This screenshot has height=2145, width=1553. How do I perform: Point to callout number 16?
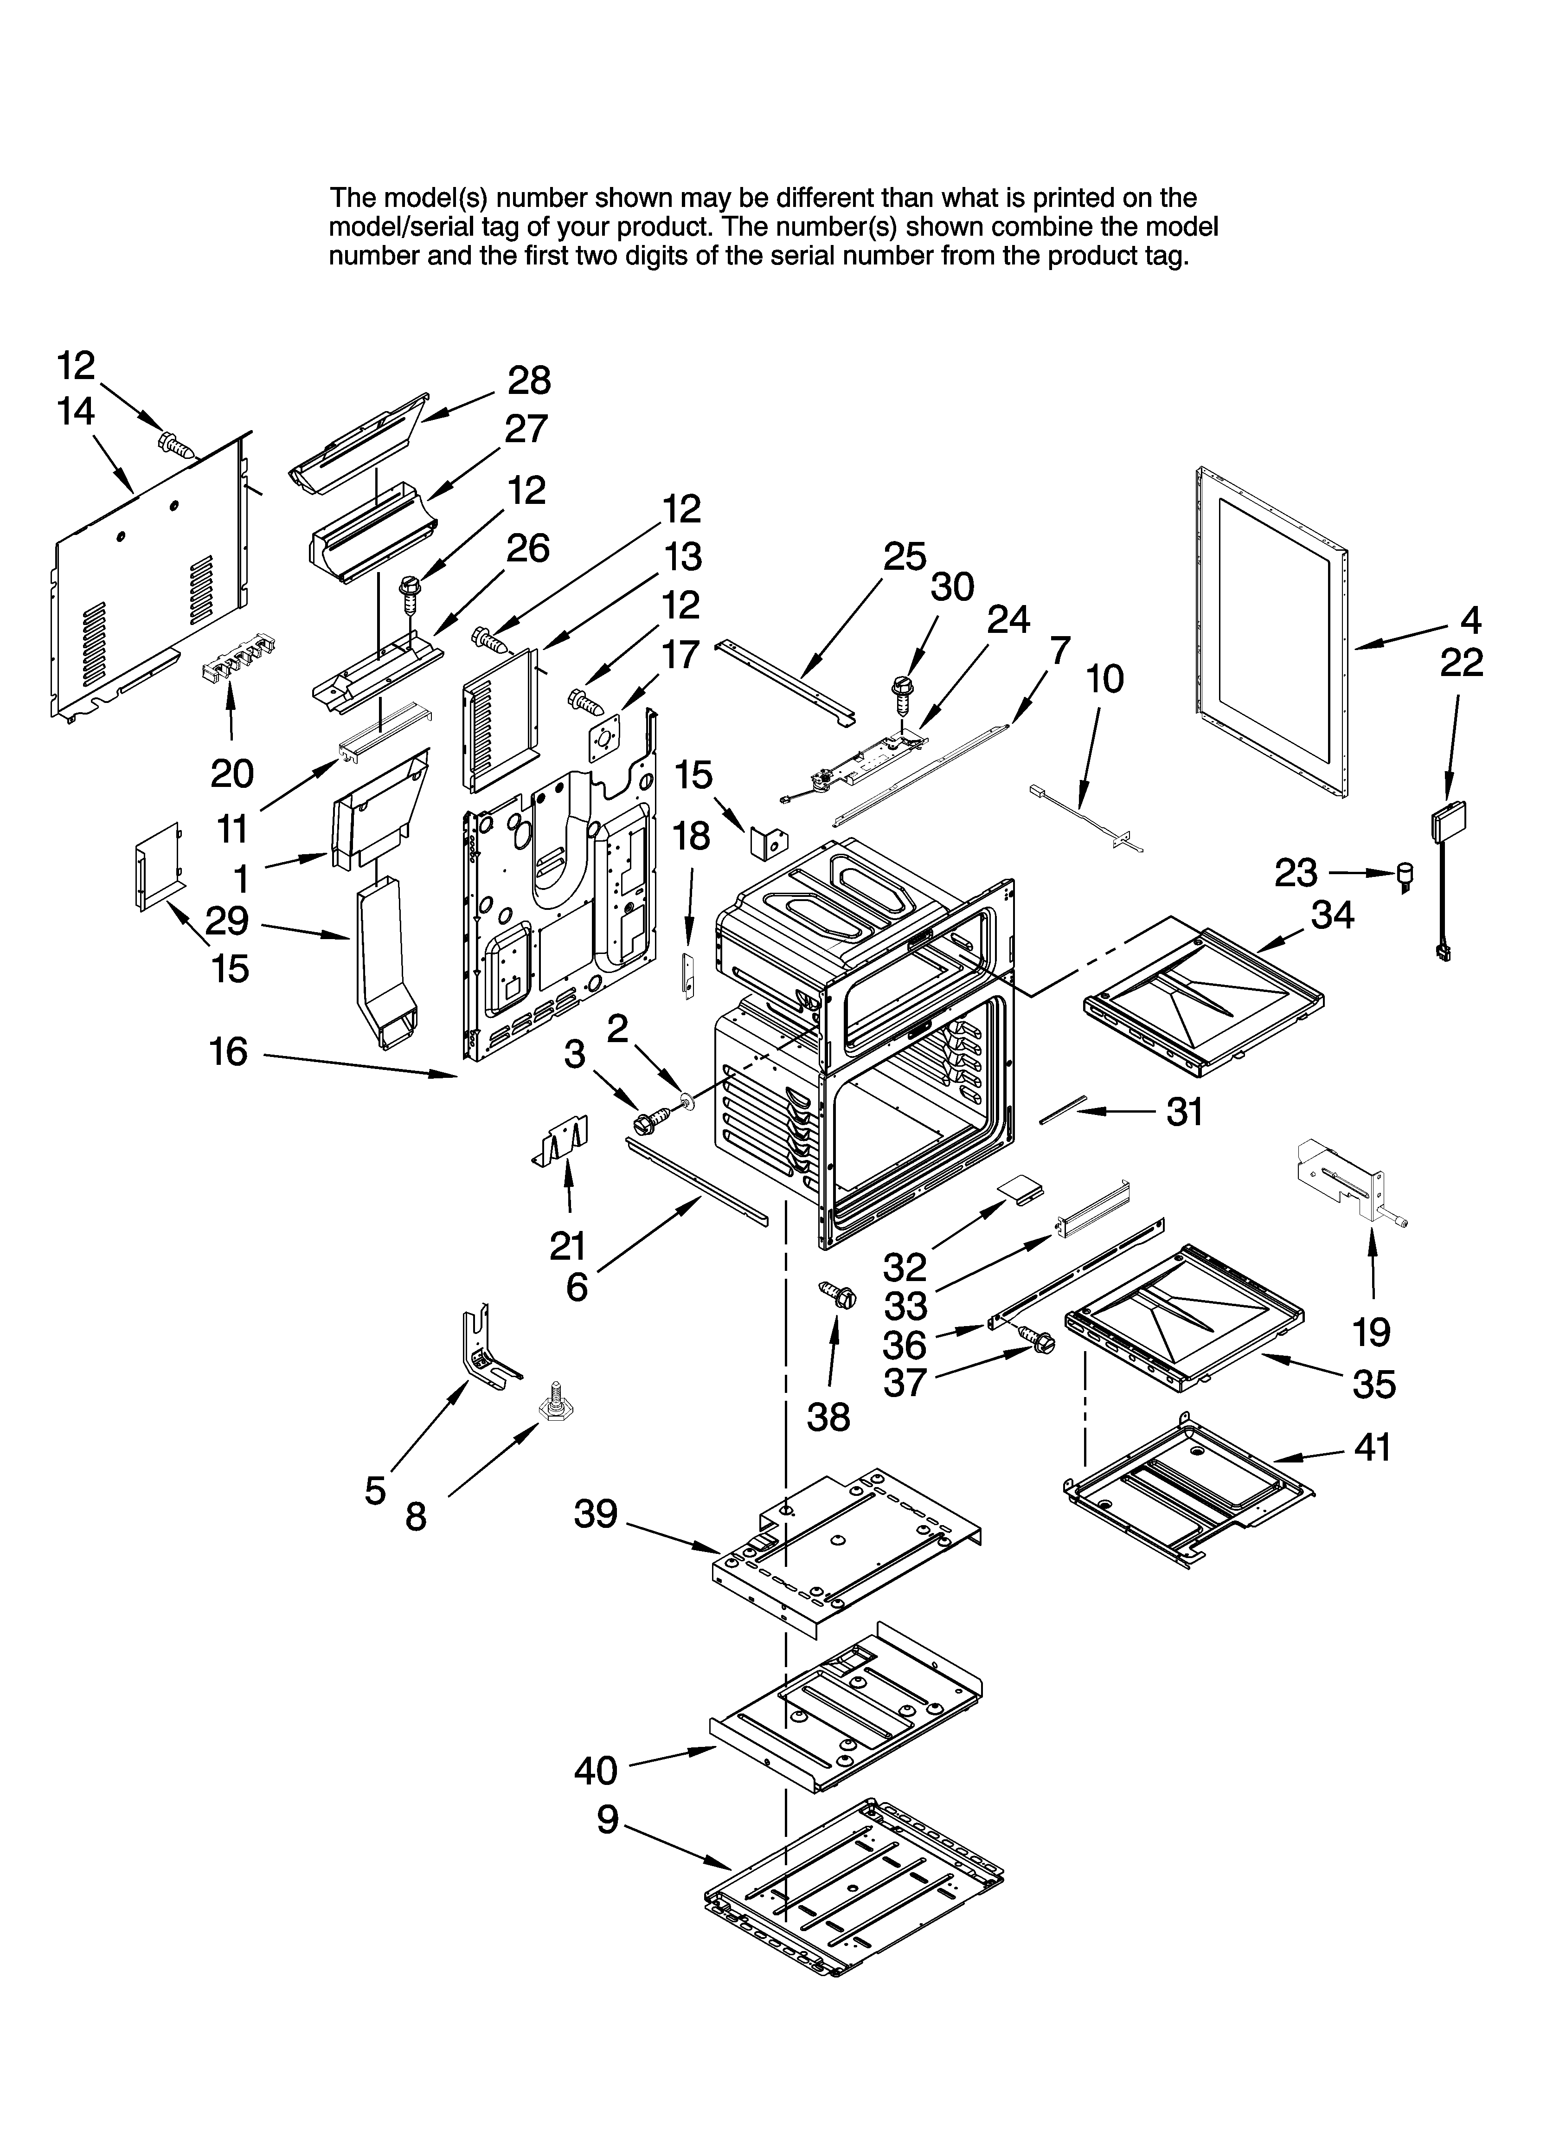(228, 1052)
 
